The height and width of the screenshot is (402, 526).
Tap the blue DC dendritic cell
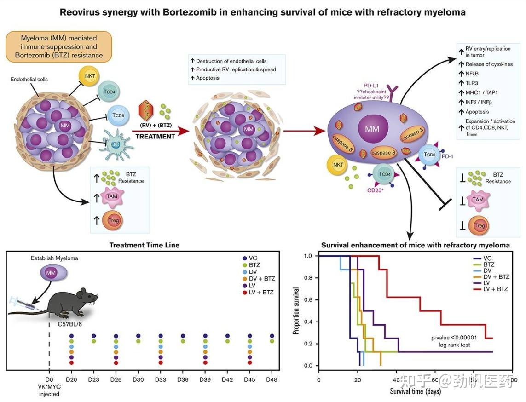click(x=115, y=144)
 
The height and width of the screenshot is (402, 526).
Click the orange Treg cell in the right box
click(x=480, y=226)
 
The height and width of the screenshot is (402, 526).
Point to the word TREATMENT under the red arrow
click(x=155, y=137)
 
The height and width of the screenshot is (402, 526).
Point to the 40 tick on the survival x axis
click(x=397, y=374)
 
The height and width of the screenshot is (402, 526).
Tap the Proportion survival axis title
click(x=297, y=310)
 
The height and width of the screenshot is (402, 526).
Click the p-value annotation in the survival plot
click(x=454, y=338)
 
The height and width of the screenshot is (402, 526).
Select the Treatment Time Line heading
click(x=145, y=245)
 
